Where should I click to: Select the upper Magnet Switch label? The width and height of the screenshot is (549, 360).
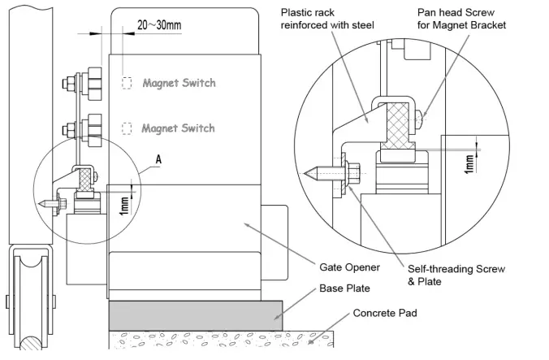[179, 83]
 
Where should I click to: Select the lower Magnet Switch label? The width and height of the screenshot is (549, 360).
[178, 128]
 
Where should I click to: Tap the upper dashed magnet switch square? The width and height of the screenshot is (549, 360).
[127, 83]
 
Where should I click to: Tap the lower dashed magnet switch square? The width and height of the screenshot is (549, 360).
[127, 128]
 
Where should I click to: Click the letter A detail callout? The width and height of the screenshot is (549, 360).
[158, 161]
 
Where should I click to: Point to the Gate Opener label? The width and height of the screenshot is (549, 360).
[343, 267]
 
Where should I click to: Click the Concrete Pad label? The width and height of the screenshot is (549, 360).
[386, 313]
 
